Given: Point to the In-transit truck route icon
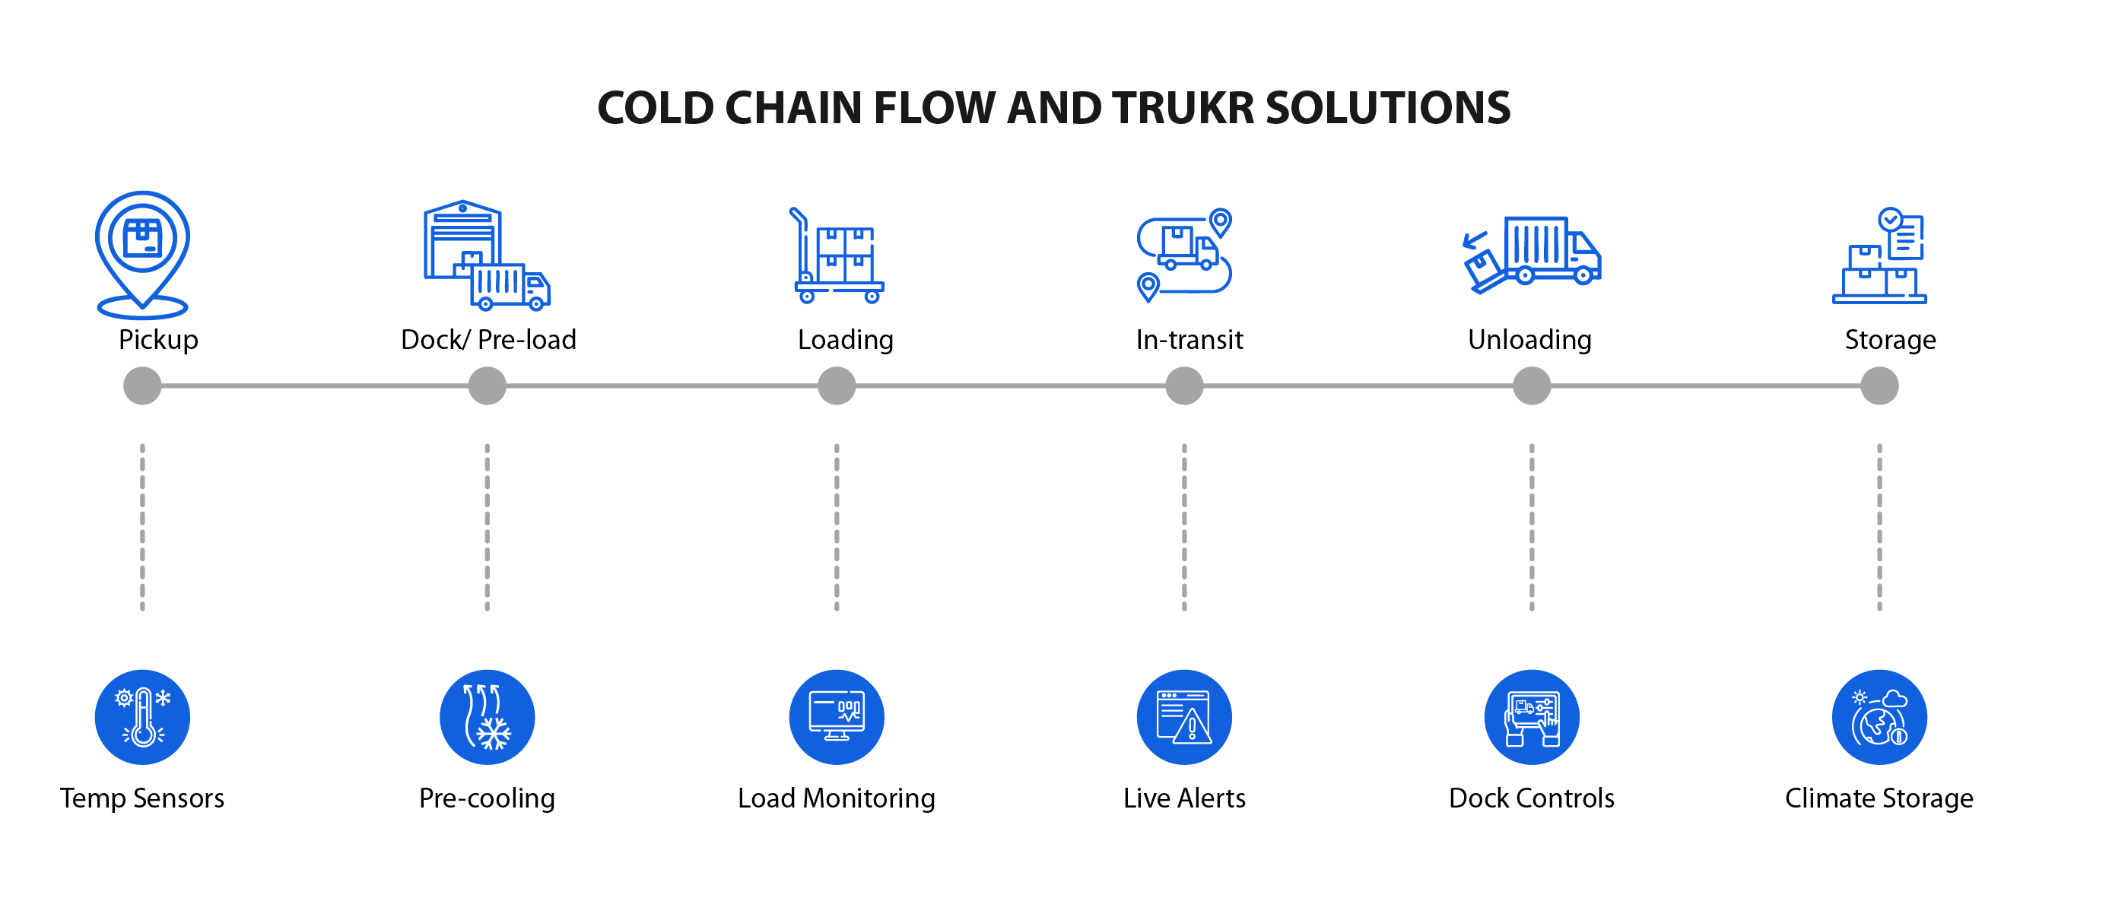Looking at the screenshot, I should (1184, 254).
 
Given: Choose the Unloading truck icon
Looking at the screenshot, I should (1532, 253).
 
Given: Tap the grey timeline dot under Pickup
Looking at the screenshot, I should (142, 386).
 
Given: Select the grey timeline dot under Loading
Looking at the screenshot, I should (837, 386).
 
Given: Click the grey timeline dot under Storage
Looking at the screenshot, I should (1880, 386).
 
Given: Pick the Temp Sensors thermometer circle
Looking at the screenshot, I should (142, 717).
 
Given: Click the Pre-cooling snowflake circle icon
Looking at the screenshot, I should (488, 717).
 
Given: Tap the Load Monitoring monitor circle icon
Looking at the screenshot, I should (837, 717).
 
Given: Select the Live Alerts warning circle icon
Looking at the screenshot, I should (1184, 717).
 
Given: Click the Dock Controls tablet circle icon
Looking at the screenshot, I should (1532, 717).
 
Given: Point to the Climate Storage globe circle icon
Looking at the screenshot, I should (1880, 717).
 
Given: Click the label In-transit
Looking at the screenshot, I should (1189, 340).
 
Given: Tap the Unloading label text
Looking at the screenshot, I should (1529, 340).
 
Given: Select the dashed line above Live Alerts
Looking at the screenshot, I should (1184, 527).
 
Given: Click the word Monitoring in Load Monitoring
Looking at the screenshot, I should (869, 799).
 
